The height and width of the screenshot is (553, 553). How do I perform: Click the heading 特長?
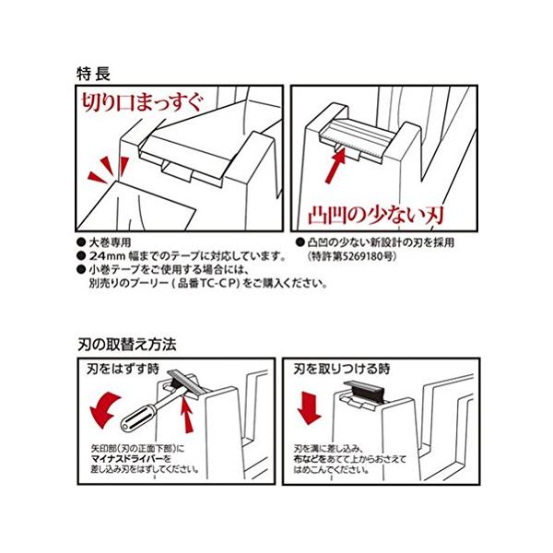[x=93, y=74]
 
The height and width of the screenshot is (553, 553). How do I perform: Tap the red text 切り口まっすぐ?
[x=143, y=102]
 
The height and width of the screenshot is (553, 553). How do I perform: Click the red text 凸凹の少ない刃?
[x=376, y=215]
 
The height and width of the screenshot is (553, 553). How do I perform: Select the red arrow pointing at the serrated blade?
[x=335, y=165]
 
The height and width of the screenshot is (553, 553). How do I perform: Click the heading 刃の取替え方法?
[x=127, y=344]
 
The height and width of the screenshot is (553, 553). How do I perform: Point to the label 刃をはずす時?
[x=124, y=369]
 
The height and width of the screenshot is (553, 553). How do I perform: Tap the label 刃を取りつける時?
[x=342, y=369]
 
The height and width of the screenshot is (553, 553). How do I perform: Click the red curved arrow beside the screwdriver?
[x=105, y=409]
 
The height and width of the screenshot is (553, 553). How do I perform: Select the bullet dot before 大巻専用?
[x=81, y=242]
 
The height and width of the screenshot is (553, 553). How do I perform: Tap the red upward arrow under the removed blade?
[x=188, y=415]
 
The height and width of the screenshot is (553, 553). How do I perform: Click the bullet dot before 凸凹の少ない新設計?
[x=300, y=242]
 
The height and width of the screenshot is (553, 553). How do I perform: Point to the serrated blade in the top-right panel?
[x=355, y=138]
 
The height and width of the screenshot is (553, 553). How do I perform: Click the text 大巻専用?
[x=110, y=242]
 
